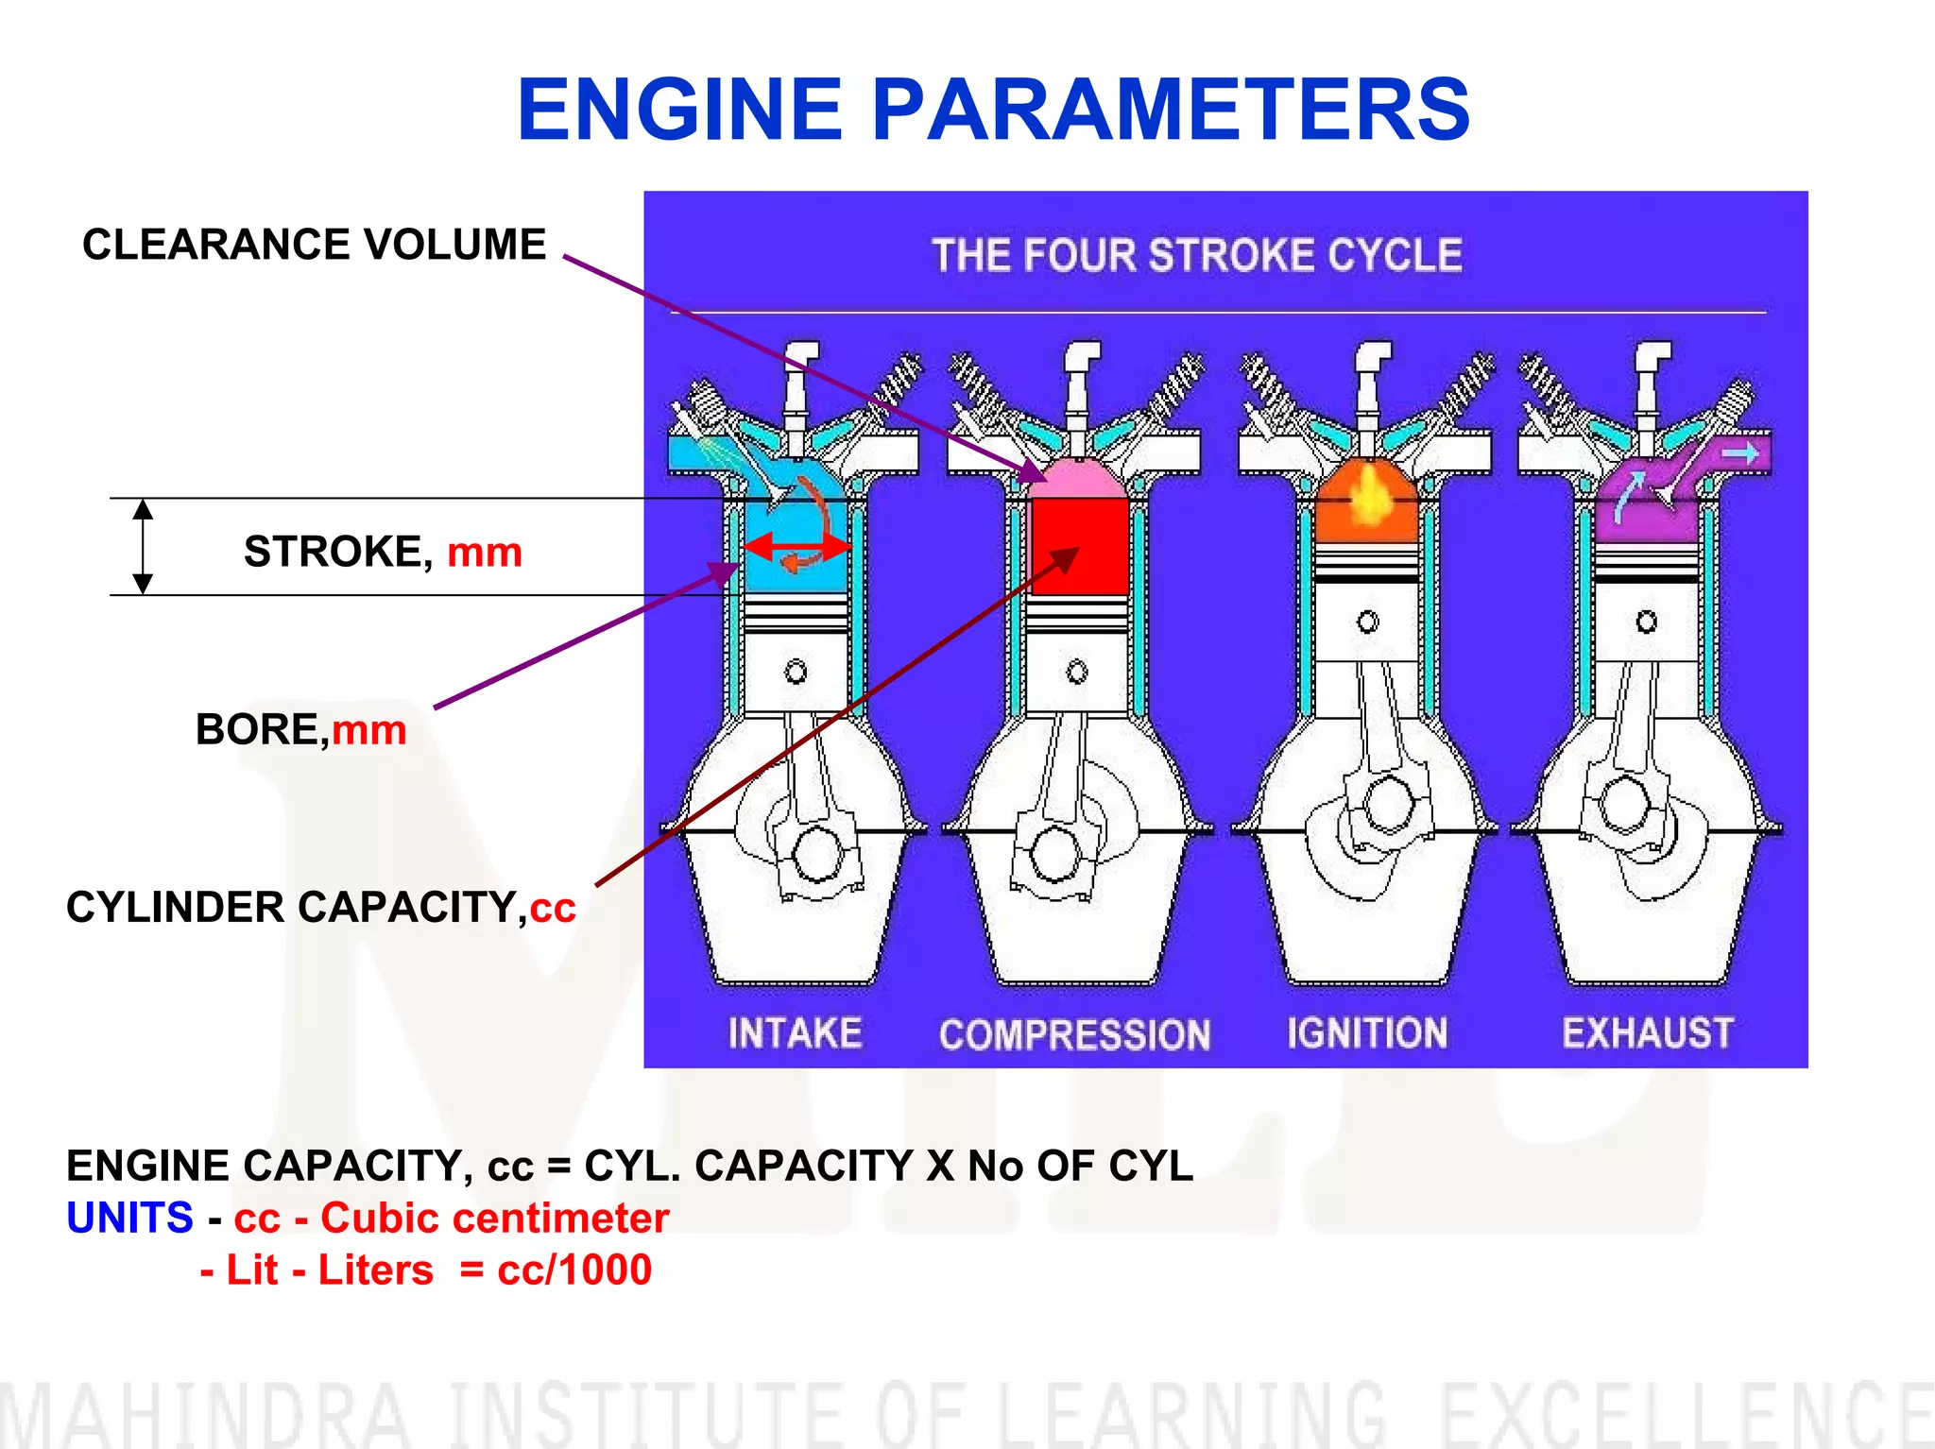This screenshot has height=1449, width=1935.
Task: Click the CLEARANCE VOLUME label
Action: point(314,245)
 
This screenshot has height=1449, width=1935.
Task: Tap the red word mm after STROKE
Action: point(484,552)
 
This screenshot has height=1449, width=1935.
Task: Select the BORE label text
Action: point(261,730)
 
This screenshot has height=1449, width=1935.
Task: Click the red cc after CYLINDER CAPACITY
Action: point(553,908)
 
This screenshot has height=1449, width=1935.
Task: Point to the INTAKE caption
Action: point(795,1032)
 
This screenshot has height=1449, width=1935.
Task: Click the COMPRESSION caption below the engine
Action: point(1074,1034)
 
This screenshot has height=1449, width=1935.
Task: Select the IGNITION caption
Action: point(1366,1032)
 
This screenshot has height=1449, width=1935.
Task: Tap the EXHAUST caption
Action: point(1647,1032)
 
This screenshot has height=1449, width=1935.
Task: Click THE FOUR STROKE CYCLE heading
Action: point(1196,255)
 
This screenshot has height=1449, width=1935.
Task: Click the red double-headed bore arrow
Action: point(796,546)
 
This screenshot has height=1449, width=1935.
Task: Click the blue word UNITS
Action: point(129,1218)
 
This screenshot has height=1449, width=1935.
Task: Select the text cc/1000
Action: point(574,1270)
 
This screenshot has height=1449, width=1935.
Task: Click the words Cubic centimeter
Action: point(494,1218)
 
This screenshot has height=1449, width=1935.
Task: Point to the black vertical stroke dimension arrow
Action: point(143,546)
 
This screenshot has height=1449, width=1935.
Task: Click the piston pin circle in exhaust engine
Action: point(1646,622)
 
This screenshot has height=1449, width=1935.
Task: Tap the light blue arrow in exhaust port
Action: point(1738,454)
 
